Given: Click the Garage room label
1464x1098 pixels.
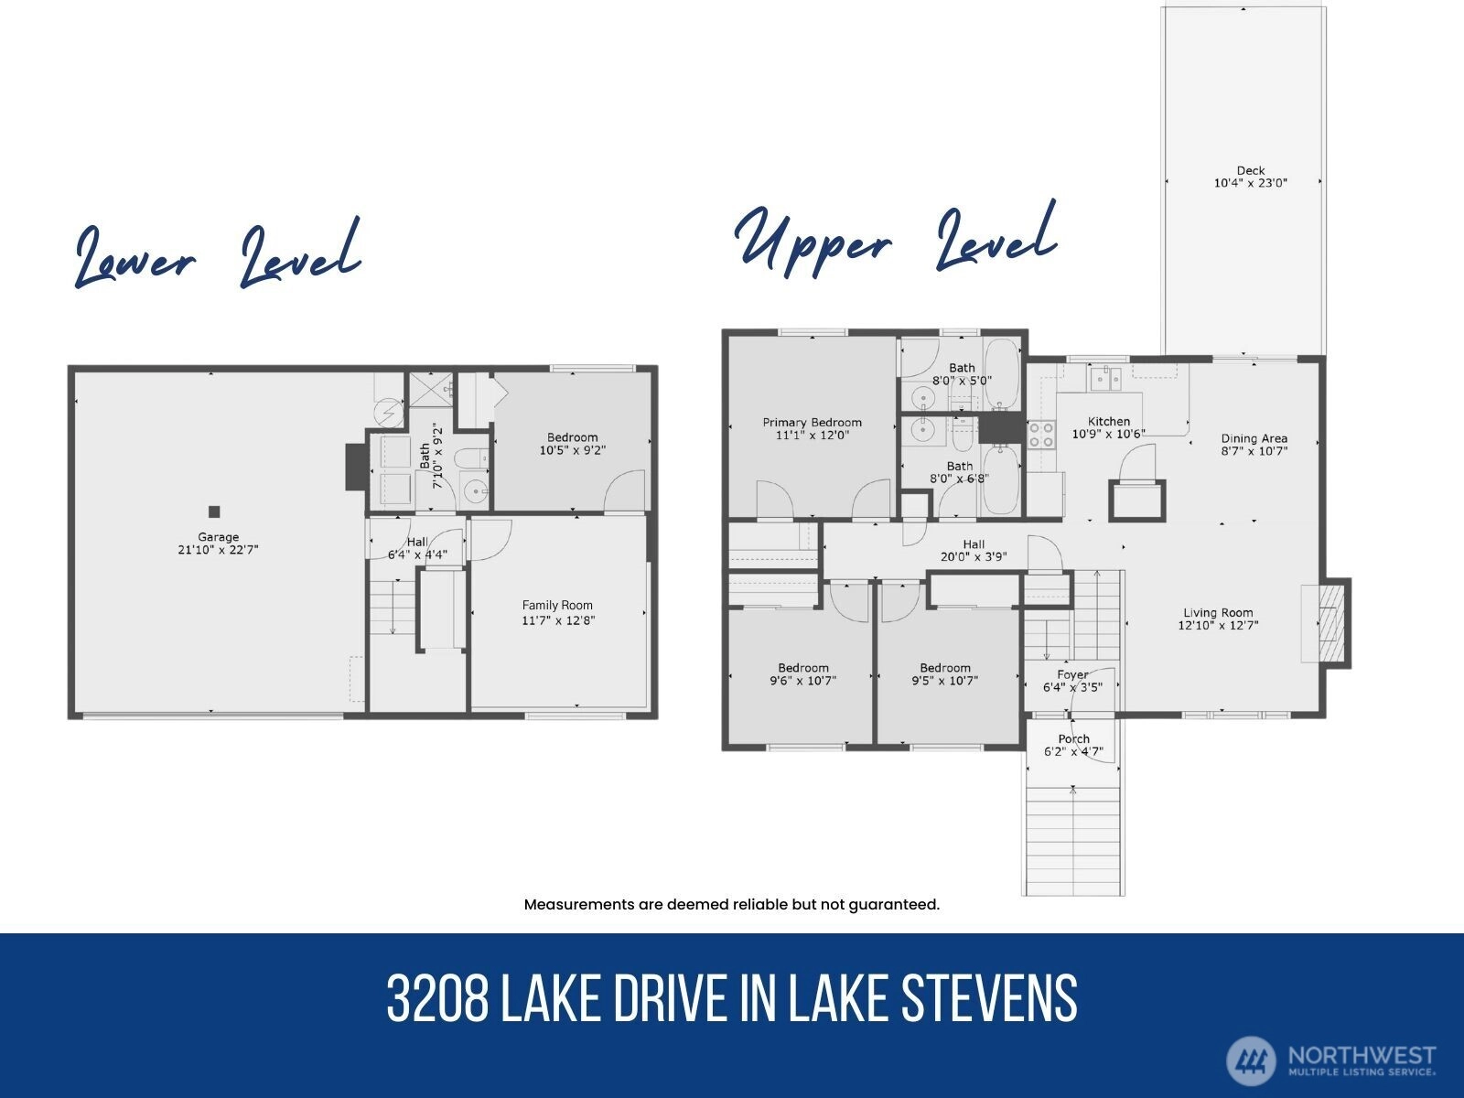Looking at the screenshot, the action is pos(218,537).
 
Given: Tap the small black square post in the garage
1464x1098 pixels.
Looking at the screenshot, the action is pos(214,512).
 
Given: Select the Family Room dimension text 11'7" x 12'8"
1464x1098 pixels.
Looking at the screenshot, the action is pos(558,620).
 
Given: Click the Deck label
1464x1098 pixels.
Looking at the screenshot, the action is pos(1251,171).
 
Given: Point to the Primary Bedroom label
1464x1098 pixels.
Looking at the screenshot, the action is pos(813,423).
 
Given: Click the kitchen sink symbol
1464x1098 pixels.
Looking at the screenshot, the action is pos(1106,379).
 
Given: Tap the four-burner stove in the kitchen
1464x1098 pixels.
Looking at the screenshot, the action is pos(1041,436).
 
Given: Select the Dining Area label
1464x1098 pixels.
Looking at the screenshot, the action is pos(1254,438).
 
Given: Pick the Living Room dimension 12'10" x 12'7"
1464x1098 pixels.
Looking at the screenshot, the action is pos(1218,625).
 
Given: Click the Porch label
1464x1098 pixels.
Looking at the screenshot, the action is pos(1074,739).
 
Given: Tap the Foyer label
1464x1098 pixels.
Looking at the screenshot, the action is pos(1072,674).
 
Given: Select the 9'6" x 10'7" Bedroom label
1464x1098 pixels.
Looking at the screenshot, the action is pos(803,674).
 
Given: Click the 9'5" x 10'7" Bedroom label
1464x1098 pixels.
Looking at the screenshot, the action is pos(945,674).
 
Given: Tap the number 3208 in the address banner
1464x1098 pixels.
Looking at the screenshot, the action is pos(437,998).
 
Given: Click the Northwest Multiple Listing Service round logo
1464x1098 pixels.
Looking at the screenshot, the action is pos(1251,1060).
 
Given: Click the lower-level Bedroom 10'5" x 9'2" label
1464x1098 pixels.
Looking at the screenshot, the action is pos(572,444).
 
